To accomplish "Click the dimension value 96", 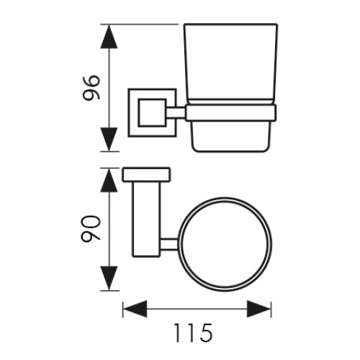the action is (x=91, y=88).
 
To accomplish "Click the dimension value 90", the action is (x=91, y=228).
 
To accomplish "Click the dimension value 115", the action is (x=193, y=333).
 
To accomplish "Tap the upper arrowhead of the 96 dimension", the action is (x=109, y=37).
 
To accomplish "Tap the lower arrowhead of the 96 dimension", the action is (x=109, y=139).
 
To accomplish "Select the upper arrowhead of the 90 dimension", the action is (x=109, y=181).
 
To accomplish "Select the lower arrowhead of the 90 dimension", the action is (x=109, y=278).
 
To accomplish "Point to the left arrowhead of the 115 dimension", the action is (x=135, y=309).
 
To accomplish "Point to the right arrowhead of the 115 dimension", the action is (x=259, y=309).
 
